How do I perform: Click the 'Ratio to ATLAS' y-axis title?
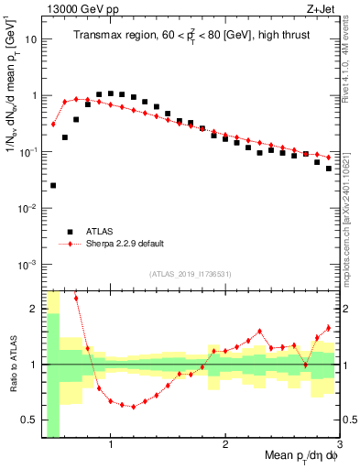[13, 365]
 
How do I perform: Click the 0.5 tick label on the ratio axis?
[29, 420]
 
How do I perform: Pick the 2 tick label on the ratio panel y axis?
[33, 309]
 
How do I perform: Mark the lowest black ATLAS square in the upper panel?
[53, 185]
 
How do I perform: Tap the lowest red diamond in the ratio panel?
[134, 407]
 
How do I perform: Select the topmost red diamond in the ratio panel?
[76, 298]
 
